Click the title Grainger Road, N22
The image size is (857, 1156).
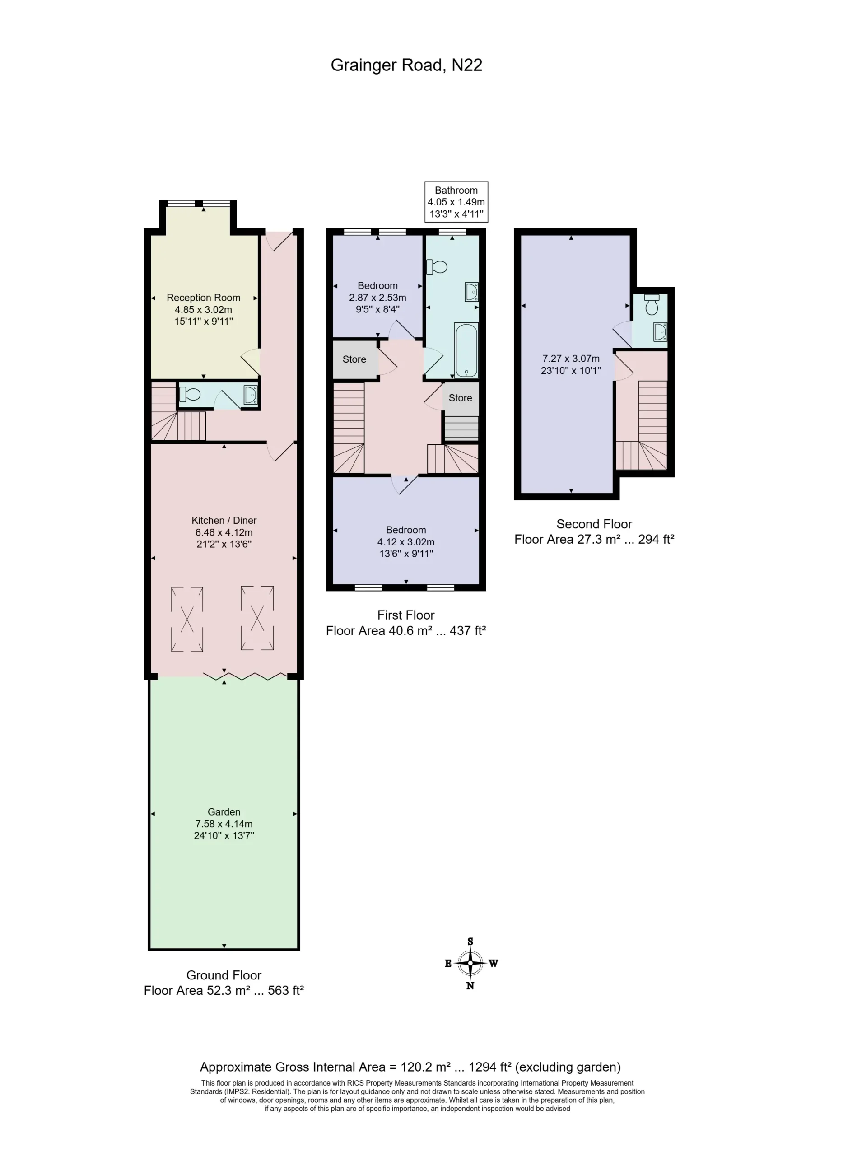tap(406, 65)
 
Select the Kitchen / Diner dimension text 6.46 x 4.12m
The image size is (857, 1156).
tap(224, 532)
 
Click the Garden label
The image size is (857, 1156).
tap(224, 812)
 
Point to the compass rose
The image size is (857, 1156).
tap(470, 964)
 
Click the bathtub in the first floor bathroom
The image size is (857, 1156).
tap(466, 350)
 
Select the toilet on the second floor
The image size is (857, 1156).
tap(652, 304)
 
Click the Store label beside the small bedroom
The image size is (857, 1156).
tap(354, 359)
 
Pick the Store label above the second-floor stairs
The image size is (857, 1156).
tap(460, 398)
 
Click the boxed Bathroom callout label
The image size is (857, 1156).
tap(456, 202)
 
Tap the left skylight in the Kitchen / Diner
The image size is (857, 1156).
tap(187, 619)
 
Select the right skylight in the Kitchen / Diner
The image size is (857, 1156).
tap(257, 618)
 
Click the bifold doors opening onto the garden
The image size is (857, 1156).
tap(244, 676)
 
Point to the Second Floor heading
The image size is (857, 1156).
tap(594, 524)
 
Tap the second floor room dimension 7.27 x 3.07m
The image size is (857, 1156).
tap(571, 359)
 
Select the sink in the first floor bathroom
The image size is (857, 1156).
tap(471, 292)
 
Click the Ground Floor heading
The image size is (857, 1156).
tap(224, 975)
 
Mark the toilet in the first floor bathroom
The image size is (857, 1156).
tap(437, 267)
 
